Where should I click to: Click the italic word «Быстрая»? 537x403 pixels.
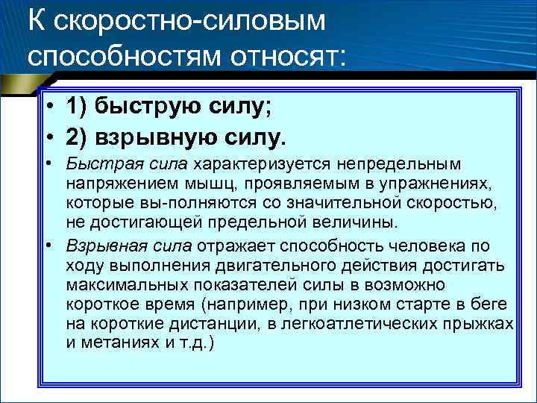pos(90,163)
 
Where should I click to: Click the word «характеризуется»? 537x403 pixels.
pos(245,163)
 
